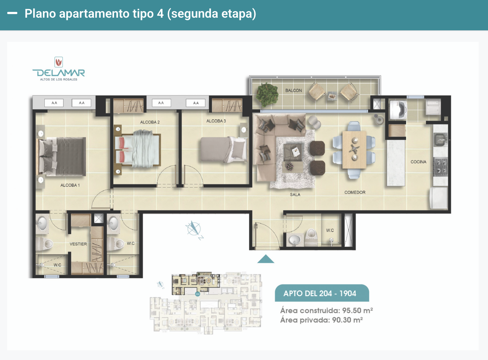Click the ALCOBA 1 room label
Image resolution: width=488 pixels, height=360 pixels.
(70, 185)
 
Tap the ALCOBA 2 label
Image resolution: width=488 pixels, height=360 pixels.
(150, 122)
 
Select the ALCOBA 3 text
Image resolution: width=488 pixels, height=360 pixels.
(216, 121)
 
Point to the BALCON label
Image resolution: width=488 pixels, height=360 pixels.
(293, 91)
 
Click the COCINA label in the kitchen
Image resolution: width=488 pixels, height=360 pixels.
(418, 162)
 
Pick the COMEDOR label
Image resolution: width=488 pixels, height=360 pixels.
(355, 192)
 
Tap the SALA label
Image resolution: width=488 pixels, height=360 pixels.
(295, 194)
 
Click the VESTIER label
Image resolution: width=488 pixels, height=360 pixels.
(78, 244)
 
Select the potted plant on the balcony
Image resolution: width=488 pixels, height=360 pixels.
(267, 95)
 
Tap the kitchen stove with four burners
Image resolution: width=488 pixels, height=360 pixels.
(440, 166)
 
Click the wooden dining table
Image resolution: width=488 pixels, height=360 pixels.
(354, 150)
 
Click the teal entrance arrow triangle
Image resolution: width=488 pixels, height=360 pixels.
(266, 259)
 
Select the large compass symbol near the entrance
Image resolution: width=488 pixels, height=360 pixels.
(194, 229)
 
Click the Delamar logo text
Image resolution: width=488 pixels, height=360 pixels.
(58, 73)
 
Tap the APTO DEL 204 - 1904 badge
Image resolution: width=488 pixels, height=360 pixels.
(322, 293)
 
